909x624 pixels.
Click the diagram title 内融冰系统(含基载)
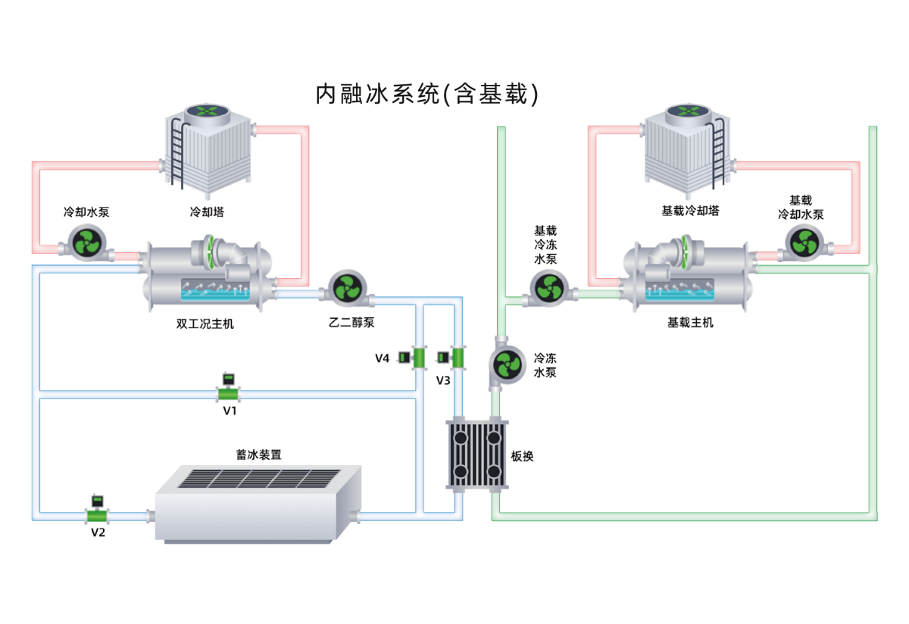coord(427,93)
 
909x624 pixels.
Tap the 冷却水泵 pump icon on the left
coord(88,244)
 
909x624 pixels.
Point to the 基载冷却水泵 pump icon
coord(804,242)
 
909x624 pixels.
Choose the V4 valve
coord(416,357)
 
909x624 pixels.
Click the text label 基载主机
coord(690,323)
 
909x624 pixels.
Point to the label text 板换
coord(523,457)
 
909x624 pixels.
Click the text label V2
coord(98,532)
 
